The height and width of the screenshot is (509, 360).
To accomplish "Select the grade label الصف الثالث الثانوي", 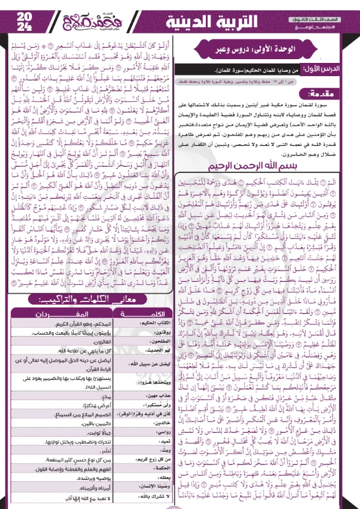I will coord(330,9).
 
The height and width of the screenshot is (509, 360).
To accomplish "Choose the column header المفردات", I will coord(57,311).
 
